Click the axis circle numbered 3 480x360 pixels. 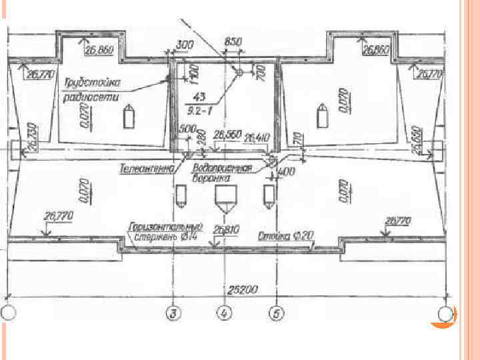tap(173, 311)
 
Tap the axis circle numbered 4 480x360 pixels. tap(225, 311)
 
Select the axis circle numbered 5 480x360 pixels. tap(275, 311)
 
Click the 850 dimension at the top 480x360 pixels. tap(233, 42)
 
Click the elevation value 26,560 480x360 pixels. tap(227, 135)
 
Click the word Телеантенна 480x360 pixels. tap(146, 169)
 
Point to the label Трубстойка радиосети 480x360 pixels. tap(93, 89)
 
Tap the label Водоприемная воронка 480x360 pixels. tap(223, 173)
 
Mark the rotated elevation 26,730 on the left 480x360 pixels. tap(33, 137)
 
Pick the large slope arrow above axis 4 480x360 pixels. tap(224, 198)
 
